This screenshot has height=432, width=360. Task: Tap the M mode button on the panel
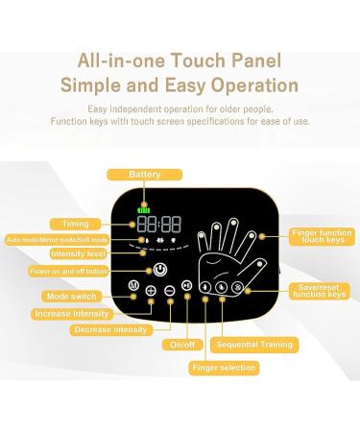pos(132,286)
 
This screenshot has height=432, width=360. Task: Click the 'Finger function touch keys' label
pos(322,235)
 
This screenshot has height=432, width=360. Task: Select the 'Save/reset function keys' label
pos(320,290)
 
